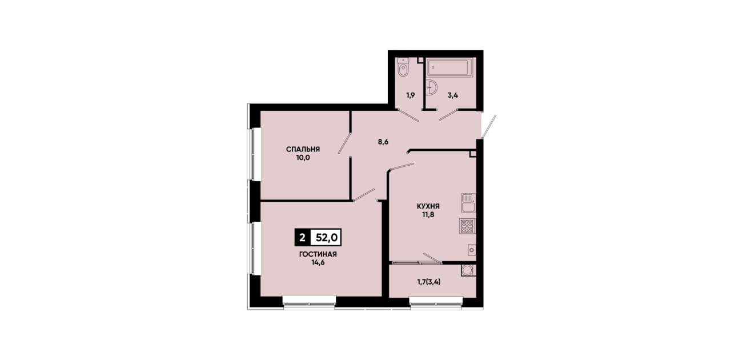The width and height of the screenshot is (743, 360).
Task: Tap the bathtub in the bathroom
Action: (449, 67)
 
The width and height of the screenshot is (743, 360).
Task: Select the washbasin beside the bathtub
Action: (431, 87)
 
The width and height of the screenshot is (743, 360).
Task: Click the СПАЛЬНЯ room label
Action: (303, 149)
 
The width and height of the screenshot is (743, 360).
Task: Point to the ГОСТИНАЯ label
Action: (318, 254)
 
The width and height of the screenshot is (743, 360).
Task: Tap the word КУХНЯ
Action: (428, 206)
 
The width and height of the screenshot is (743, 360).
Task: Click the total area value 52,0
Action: (327, 238)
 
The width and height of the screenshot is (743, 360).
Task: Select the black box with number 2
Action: (302, 238)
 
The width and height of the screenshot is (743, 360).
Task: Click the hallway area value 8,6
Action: (383, 142)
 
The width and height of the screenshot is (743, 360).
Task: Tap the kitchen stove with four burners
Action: (467, 226)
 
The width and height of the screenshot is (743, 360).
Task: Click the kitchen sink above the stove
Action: (468, 203)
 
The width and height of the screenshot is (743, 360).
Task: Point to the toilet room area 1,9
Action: (411, 95)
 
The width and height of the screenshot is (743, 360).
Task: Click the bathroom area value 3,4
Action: (453, 95)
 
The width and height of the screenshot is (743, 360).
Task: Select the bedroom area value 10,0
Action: (303, 158)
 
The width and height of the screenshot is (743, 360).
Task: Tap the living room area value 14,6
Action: (318, 262)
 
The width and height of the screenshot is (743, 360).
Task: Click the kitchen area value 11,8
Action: (428, 215)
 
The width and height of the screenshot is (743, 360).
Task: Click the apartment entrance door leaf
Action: (489, 127)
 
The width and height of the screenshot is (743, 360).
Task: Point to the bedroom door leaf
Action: (344, 143)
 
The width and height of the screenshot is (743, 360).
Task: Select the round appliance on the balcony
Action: (468, 270)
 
